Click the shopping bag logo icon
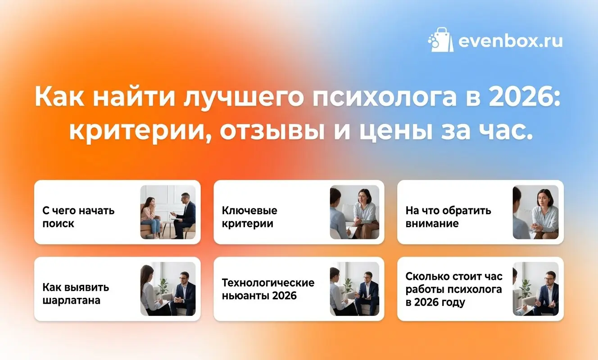click(440, 40)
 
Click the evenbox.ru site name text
click(510, 41)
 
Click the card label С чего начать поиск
click(78, 217)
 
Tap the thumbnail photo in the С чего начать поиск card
click(168, 212)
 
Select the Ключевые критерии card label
click(249, 217)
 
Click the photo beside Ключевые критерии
click(354, 212)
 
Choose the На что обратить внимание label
click(448, 217)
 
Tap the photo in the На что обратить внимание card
click(535, 212)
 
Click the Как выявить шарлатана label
click(76, 293)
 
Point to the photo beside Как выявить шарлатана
click(168, 288)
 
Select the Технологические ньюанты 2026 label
click(268, 289)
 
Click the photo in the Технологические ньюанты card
click(354, 288)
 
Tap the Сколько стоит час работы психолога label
click(454, 289)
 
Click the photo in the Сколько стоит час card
click(535, 288)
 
